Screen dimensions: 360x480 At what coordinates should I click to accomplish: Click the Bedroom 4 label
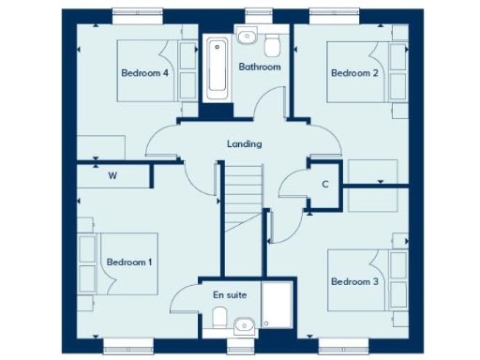tap(144, 72)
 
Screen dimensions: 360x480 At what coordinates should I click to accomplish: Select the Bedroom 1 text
tap(128, 262)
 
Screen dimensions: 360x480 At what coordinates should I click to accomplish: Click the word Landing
tap(244, 144)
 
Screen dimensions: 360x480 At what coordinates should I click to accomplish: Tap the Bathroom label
tap(259, 67)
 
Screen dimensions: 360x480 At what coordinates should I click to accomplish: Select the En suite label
tap(230, 294)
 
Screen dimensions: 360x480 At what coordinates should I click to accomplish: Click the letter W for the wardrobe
tap(112, 175)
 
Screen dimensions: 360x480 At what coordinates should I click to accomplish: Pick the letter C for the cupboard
tap(324, 184)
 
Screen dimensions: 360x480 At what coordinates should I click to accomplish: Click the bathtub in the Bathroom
tap(217, 65)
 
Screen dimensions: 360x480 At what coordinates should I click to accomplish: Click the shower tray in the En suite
tap(277, 306)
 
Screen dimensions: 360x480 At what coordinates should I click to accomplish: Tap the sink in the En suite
tap(244, 326)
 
